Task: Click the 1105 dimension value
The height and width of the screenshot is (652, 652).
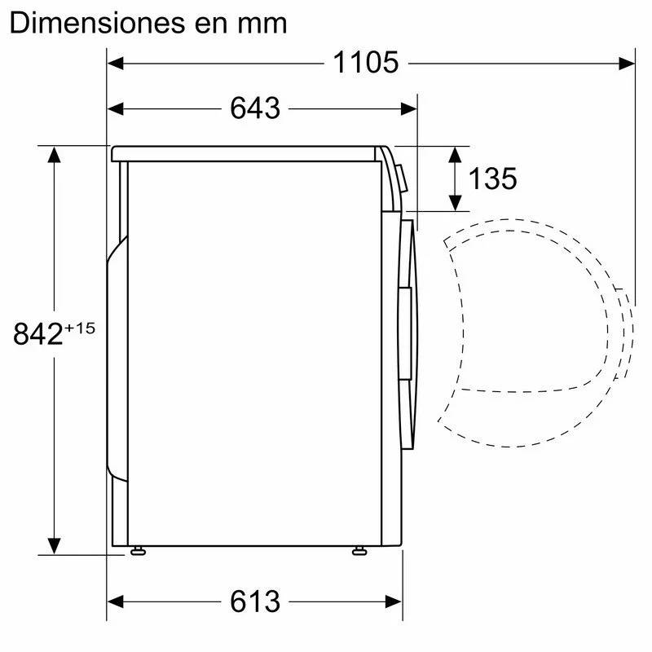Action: point(365,63)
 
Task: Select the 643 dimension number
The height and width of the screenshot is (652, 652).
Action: point(255,108)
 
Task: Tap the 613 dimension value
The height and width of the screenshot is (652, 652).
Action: point(255,601)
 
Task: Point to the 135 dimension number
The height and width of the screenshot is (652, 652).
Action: point(493,178)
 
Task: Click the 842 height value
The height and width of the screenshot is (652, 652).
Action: point(37,334)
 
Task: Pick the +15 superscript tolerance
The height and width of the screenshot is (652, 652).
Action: point(80,328)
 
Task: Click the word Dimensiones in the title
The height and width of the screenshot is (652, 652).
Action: point(97,23)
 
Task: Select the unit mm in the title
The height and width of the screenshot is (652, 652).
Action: point(262,26)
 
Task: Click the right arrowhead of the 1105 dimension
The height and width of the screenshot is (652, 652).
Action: point(627,64)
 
